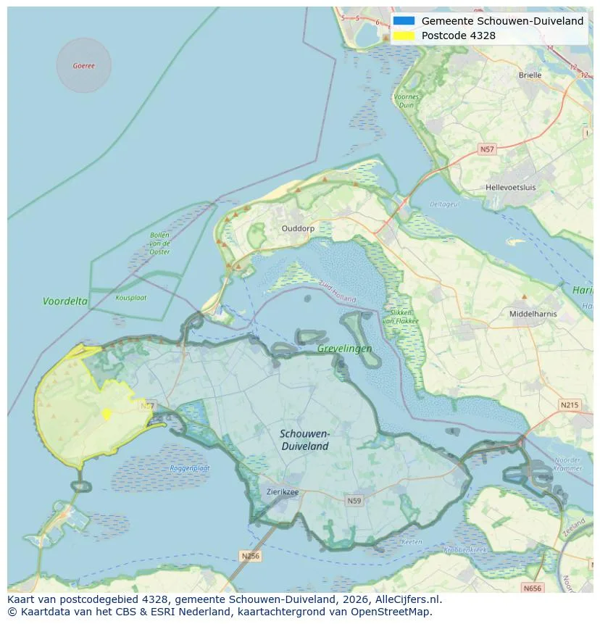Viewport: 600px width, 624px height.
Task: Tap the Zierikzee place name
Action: (283, 491)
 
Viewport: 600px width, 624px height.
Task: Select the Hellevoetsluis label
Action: (511, 187)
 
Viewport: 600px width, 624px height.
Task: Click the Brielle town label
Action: (530, 75)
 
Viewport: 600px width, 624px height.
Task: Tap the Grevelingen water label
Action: (344, 349)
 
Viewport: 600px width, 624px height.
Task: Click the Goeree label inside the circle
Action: (83, 66)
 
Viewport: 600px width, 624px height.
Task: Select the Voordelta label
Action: (65, 301)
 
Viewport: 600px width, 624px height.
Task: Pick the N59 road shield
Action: (354, 501)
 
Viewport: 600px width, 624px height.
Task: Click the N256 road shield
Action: (249, 556)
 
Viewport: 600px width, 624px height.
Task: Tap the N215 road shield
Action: (570, 404)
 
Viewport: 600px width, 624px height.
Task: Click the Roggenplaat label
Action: (189, 468)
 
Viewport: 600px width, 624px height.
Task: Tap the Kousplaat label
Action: (130, 297)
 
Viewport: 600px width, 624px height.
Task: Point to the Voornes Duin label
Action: (406, 101)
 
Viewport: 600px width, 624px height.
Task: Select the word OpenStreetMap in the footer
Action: (396, 612)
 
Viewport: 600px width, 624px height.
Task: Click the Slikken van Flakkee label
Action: (397, 317)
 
